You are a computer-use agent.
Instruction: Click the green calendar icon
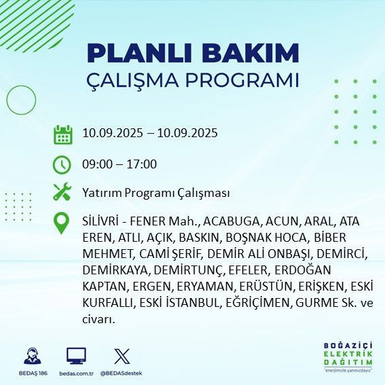[x=62, y=134]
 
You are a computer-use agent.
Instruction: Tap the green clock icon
[x=62, y=164]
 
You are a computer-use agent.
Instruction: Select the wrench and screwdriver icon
[x=62, y=193]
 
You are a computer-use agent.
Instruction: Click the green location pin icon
[x=62, y=223]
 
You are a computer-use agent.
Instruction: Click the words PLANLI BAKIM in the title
[x=193, y=53]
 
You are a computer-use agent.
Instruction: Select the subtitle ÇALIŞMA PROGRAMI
[x=193, y=79]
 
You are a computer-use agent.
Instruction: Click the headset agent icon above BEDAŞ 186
[x=31, y=356]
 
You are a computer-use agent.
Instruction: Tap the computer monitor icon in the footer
[x=76, y=356]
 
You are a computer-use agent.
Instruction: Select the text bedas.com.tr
[x=76, y=373]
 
